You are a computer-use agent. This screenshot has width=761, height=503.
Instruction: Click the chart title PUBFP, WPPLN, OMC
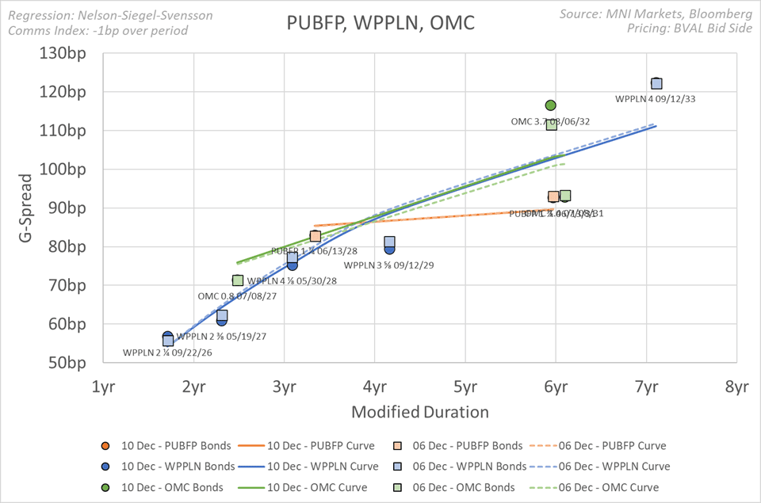pos(380,23)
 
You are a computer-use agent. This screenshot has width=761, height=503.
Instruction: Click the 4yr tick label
pos(375,387)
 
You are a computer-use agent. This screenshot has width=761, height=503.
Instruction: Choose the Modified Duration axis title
pos(419,412)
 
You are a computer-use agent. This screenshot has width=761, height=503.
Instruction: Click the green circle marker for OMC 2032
pos(551,105)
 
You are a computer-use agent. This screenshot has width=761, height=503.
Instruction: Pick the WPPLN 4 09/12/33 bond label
pos(656,99)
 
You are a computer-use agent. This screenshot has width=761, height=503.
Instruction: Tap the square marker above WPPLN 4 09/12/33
pos(656,84)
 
